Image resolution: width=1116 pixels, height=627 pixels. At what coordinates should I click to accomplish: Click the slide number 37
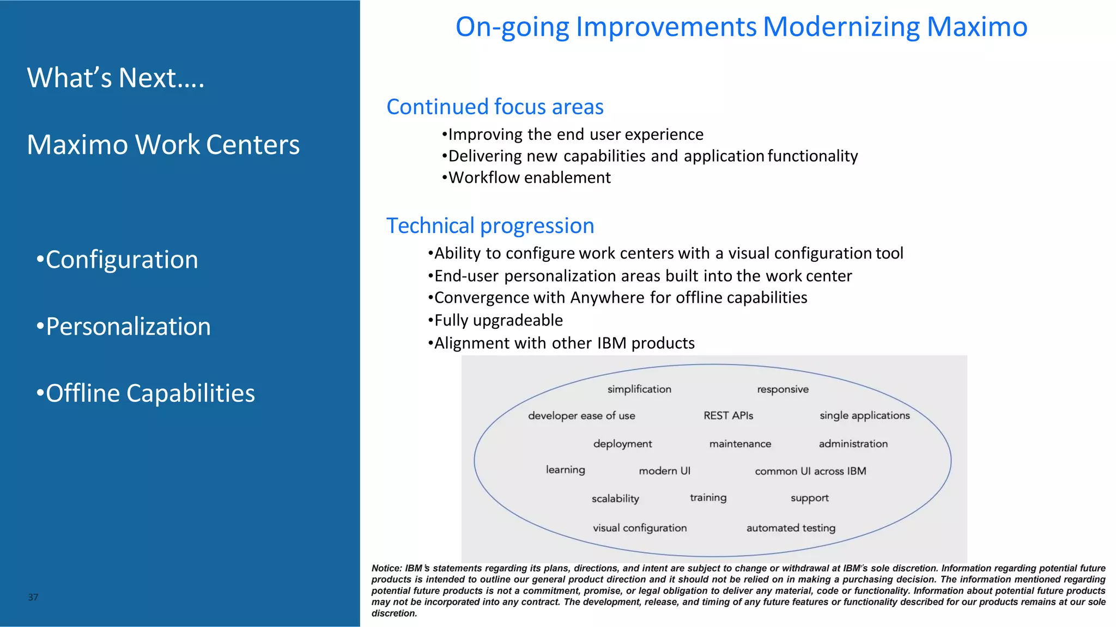coord(33,597)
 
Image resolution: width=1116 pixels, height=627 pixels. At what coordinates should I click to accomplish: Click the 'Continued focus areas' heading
coord(495,107)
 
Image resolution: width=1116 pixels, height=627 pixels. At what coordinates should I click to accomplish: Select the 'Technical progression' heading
coord(490,226)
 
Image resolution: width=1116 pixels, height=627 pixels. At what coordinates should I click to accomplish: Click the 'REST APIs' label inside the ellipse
coord(728,416)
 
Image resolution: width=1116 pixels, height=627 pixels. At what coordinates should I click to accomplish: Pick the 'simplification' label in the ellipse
coord(639,389)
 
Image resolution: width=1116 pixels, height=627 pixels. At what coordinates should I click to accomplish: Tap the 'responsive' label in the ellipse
coord(783,389)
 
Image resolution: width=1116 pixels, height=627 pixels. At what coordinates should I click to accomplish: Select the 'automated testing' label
coord(791,528)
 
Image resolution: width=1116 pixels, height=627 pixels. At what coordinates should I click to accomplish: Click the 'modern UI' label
coord(664,471)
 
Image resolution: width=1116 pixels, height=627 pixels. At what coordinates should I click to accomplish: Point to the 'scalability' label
coord(615,499)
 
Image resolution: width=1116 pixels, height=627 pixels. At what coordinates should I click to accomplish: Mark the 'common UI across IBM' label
coord(810,471)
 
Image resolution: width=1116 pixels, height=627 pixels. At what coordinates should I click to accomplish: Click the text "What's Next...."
coord(116,78)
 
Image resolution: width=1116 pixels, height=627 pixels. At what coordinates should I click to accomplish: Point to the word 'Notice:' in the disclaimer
coord(386,568)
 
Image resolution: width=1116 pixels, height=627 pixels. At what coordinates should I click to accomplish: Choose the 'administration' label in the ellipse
coord(853,444)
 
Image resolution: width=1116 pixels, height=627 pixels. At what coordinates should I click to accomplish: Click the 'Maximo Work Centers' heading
coord(163,145)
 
